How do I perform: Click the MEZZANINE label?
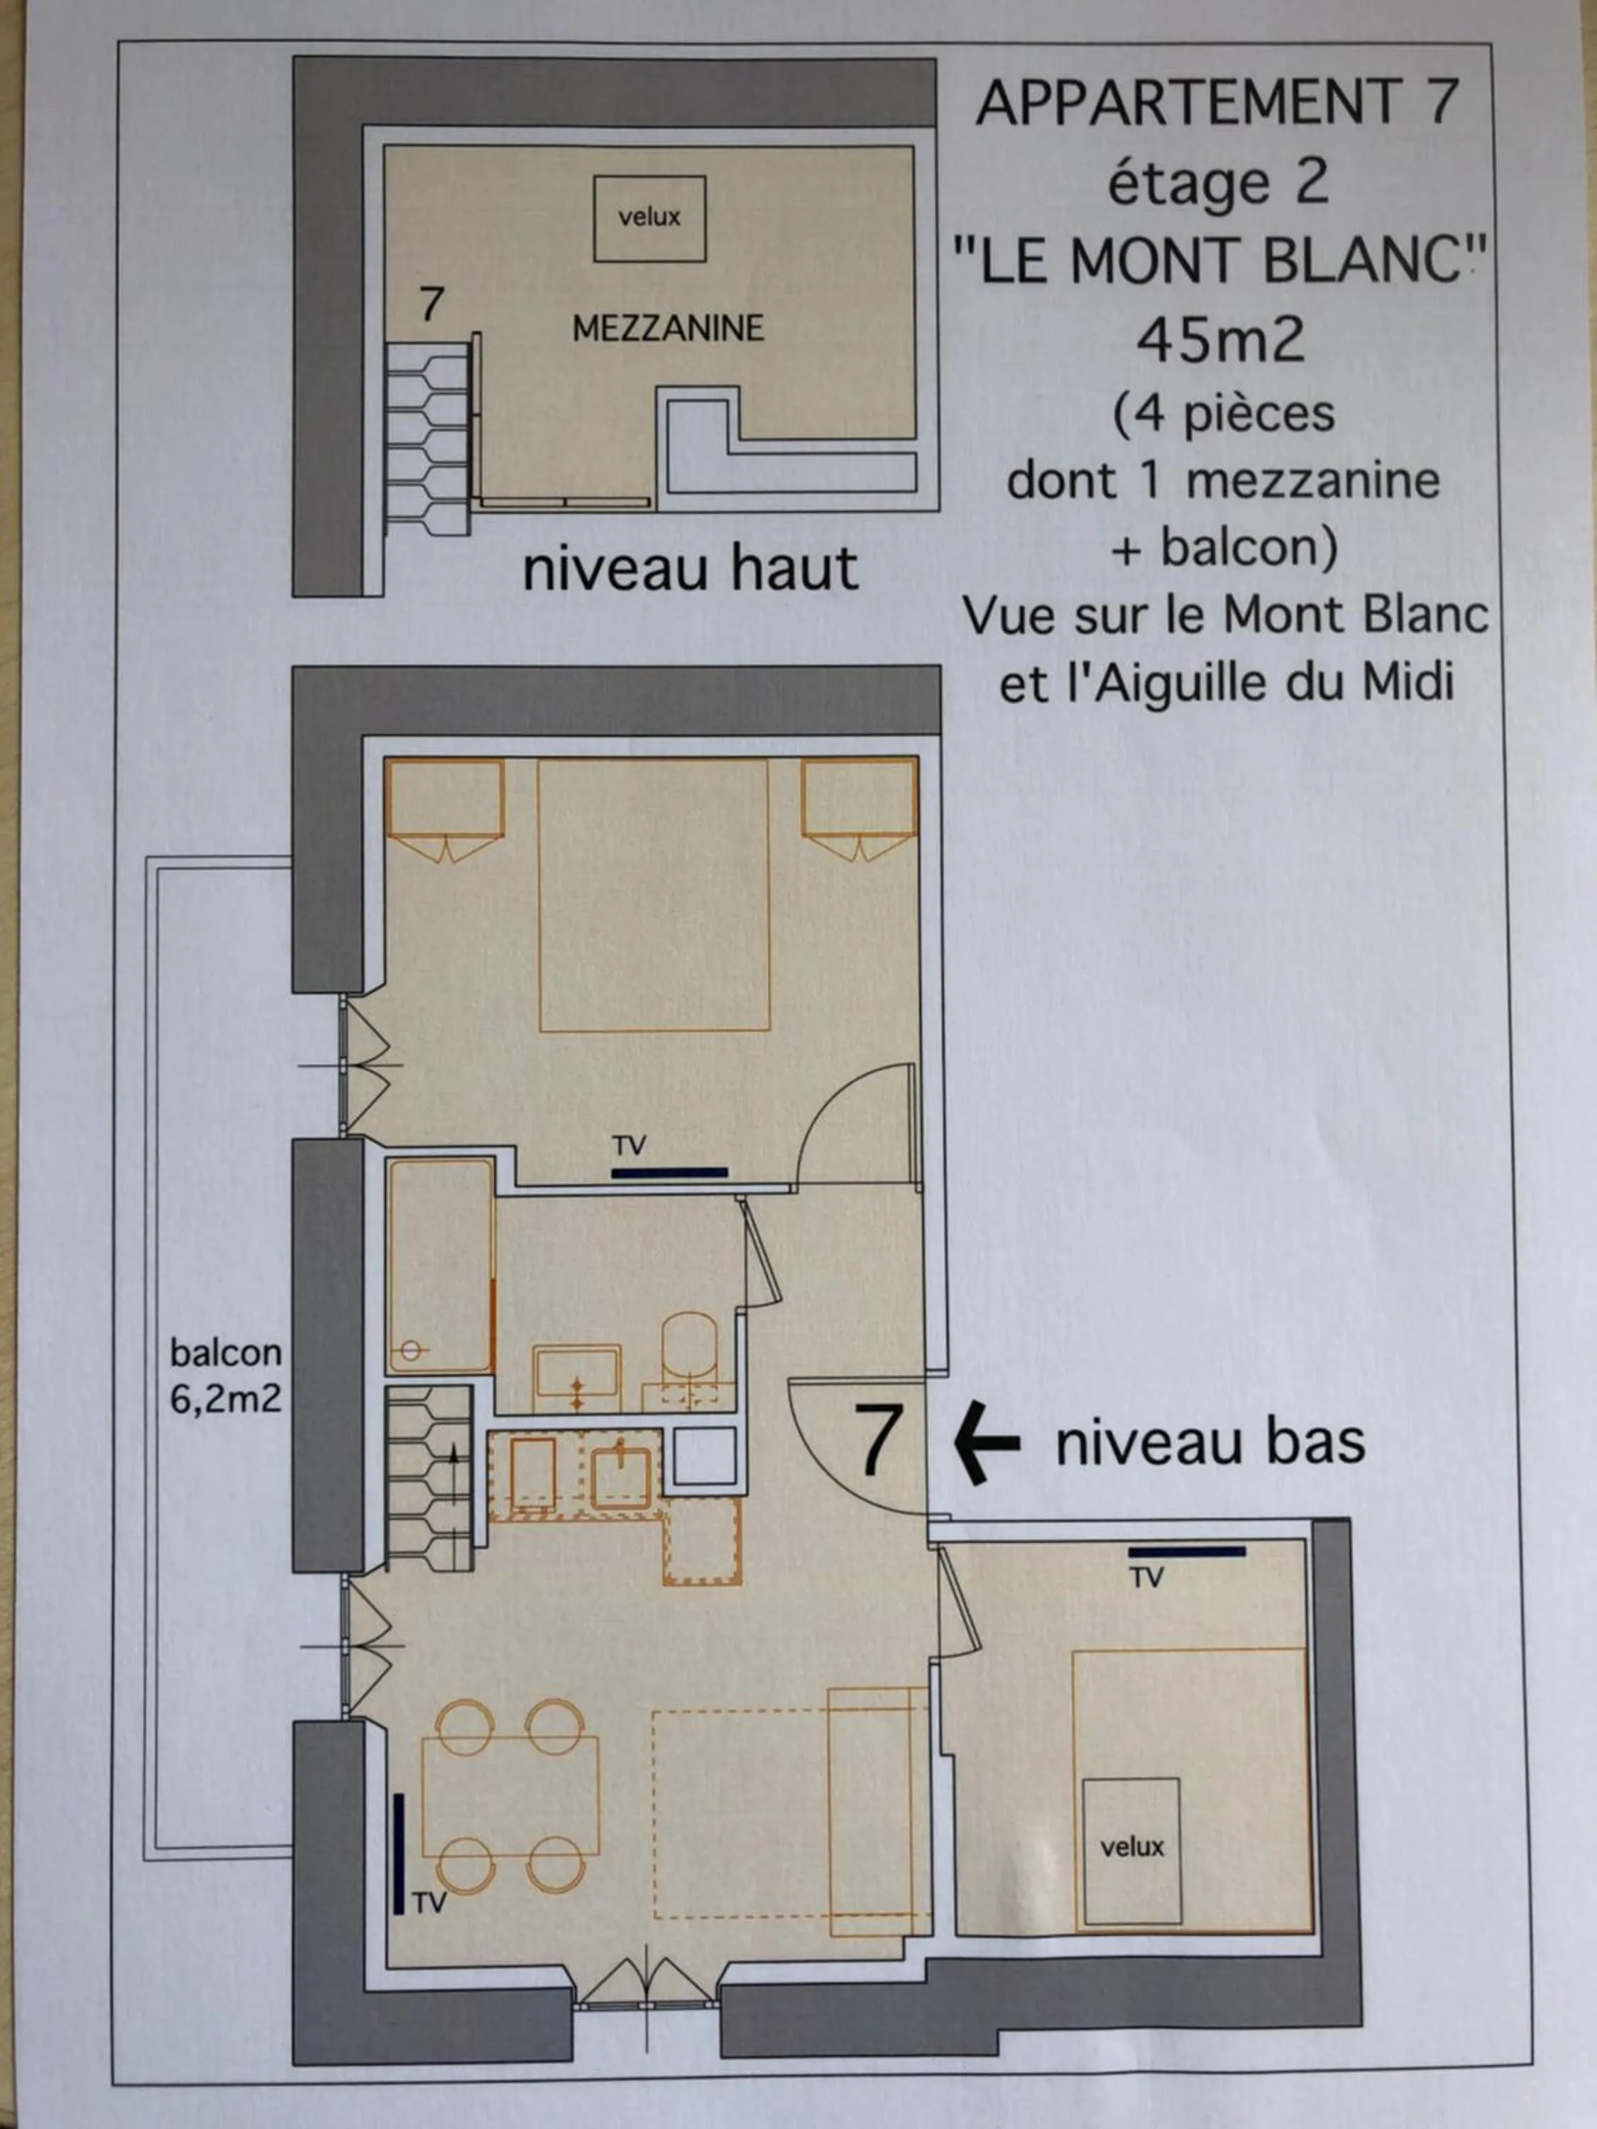click(667, 329)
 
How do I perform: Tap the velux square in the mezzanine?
click(649, 219)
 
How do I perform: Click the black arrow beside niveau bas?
click(986, 1443)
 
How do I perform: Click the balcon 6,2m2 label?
click(225, 1375)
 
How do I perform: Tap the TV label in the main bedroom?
click(630, 1145)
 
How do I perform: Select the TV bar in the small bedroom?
click(1186, 1551)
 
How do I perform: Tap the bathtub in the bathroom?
click(440, 1265)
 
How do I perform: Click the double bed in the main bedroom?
click(654, 895)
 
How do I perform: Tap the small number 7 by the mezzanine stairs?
click(432, 304)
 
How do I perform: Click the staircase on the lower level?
click(429, 1478)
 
